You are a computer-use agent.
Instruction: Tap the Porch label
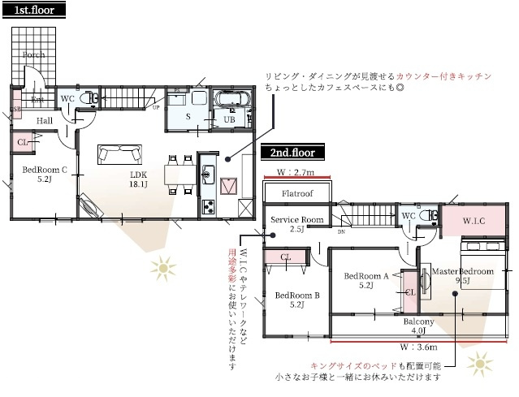(34, 55)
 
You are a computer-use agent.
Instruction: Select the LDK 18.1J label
(136, 180)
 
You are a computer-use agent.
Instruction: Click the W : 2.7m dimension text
(296, 172)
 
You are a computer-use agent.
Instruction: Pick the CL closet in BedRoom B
(286, 257)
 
